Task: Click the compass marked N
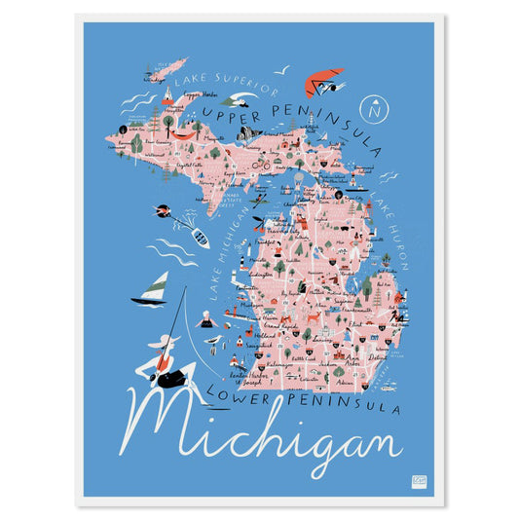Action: click(x=371, y=107)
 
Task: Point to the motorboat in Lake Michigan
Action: click(x=199, y=237)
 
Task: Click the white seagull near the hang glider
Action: click(x=283, y=69)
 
